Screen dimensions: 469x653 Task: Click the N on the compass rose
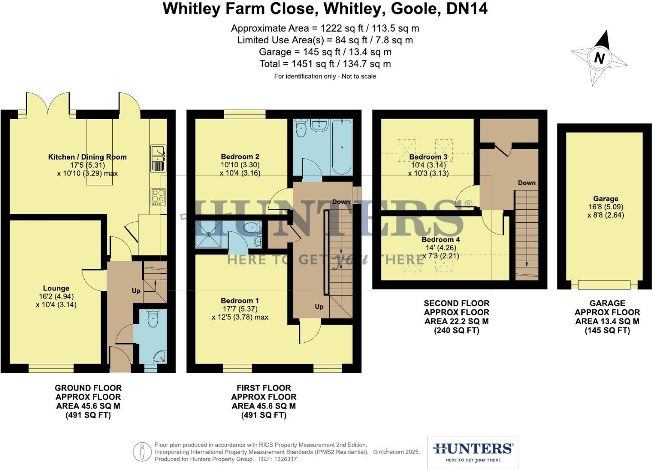tap(599, 58)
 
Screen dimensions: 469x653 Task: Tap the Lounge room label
tap(56, 288)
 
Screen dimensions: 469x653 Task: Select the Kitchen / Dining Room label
tap(87, 157)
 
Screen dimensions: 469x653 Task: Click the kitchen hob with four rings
tap(158, 197)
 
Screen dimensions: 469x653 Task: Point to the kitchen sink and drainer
tap(158, 158)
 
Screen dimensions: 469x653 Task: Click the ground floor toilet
tap(153, 320)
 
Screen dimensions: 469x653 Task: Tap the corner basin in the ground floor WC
tap(160, 357)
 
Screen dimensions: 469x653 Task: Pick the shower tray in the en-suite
tap(209, 234)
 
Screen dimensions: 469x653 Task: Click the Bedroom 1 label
tap(240, 301)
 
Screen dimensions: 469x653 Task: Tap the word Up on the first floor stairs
tap(319, 307)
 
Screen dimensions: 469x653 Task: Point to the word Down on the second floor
tap(526, 183)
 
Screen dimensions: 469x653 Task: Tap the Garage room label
tap(606, 198)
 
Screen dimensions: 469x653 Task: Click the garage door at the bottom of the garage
tap(604, 285)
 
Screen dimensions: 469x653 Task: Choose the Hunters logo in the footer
tap(473, 452)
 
